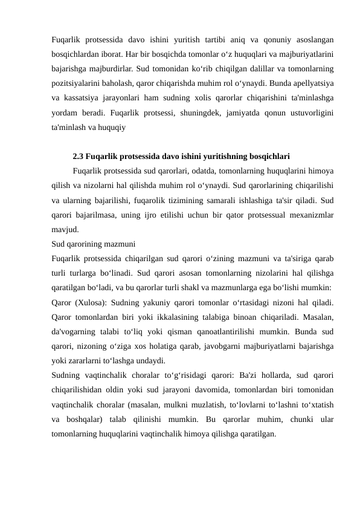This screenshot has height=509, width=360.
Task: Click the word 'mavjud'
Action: click(64, 229)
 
